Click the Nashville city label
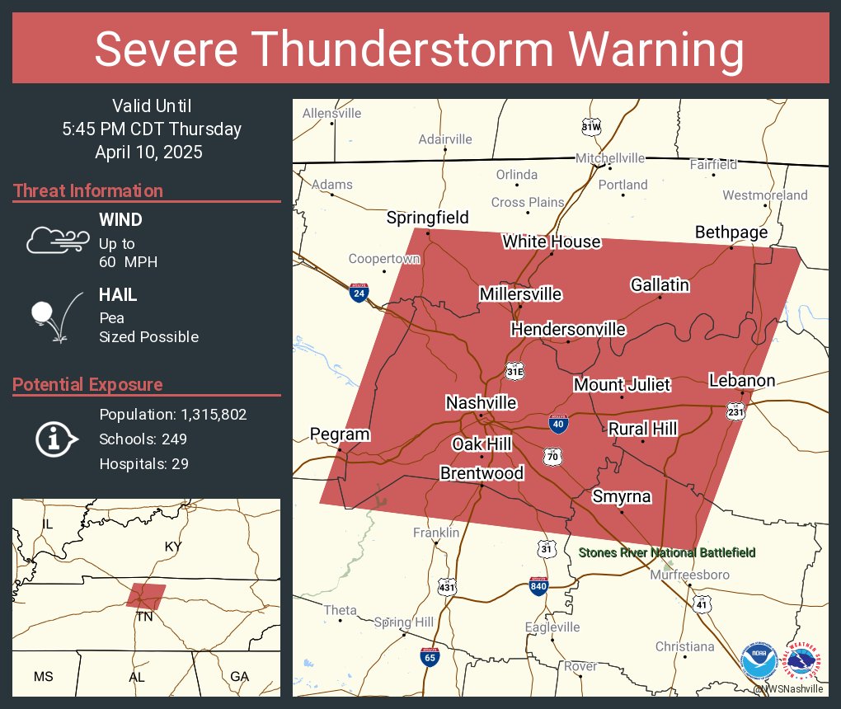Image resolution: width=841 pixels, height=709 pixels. (481, 403)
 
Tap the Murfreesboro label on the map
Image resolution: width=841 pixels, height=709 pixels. (690, 575)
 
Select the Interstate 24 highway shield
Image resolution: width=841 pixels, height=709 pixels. (359, 292)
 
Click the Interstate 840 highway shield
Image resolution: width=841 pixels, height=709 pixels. (538, 585)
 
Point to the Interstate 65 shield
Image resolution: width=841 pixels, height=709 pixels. (430, 656)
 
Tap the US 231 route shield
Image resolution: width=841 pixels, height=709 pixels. (736, 410)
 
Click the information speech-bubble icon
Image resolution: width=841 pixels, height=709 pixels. (56, 439)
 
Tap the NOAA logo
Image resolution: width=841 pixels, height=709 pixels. (759, 662)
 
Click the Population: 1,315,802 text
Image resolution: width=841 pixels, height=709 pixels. (173, 414)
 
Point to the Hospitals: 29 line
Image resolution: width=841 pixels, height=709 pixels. (144, 463)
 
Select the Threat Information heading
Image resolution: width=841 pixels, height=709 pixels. (88, 190)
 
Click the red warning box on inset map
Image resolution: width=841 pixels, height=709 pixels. (146, 595)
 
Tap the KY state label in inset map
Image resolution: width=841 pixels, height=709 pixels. (173, 547)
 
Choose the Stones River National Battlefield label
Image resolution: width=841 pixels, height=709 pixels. (667, 552)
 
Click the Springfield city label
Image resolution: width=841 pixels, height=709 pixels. (428, 218)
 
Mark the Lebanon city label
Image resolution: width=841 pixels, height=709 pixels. (742, 380)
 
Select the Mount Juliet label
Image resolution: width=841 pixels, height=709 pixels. (622, 385)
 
